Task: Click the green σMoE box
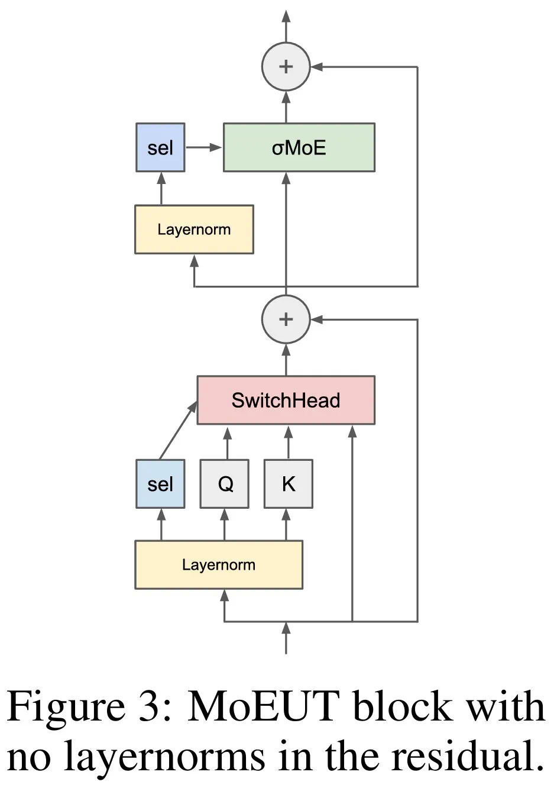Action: point(299,147)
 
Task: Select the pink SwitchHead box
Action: point(286,400)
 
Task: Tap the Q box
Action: point(224,484)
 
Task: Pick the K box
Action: point(288,484)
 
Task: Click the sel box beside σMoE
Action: point(160,147)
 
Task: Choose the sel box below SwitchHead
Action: point(160,484)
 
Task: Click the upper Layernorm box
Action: point(194,230)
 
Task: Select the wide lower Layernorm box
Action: point(219,564)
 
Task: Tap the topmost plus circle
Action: point(286,66)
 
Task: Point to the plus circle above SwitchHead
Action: point(286,319)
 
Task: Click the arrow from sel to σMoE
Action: point(203,147)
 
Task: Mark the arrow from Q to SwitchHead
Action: point(227,443)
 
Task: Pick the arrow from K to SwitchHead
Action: point(289,443)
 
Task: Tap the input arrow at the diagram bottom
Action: point(286,639)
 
